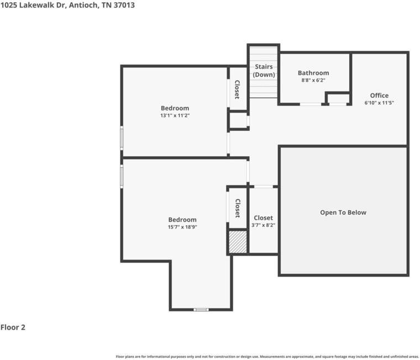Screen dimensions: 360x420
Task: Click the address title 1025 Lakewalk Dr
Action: click(x=67, y=5)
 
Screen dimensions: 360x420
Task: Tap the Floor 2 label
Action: click(x=13, y=327)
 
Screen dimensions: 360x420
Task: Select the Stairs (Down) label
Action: click(x=264, y=71)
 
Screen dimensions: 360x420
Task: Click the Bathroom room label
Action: click(x=313, y=73)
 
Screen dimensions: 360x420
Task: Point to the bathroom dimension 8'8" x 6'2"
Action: click(x=313, y=80)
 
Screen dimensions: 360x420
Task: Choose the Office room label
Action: click(x=379, y=96)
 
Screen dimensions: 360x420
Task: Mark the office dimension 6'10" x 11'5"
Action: click(x=379, y=103)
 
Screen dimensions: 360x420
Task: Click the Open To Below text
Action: click(x=343, y=213)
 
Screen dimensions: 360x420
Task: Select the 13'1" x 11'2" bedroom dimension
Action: click(x=175, y=115)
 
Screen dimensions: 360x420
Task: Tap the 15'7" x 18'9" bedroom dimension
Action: click(x=182, y=227)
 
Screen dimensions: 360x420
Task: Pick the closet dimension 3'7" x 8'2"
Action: click(x=263, y=225)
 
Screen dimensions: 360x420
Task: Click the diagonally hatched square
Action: click(x=238, y=242)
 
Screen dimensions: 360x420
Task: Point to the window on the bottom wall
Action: click(x=201, y=309)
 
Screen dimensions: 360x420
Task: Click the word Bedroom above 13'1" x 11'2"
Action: click(x=175, y=108)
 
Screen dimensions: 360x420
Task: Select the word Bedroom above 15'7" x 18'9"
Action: click(x=182, y=220)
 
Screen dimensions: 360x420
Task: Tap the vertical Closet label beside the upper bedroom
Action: click(x=237, y=89)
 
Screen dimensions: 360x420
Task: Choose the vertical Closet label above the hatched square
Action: click(x=238, y=208)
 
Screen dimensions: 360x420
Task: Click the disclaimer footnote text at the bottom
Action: click(x=267, y=356)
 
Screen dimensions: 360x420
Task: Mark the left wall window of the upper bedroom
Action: click(x=122, y=138)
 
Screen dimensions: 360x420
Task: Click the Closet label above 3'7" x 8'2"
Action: click(x=263, y=218)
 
